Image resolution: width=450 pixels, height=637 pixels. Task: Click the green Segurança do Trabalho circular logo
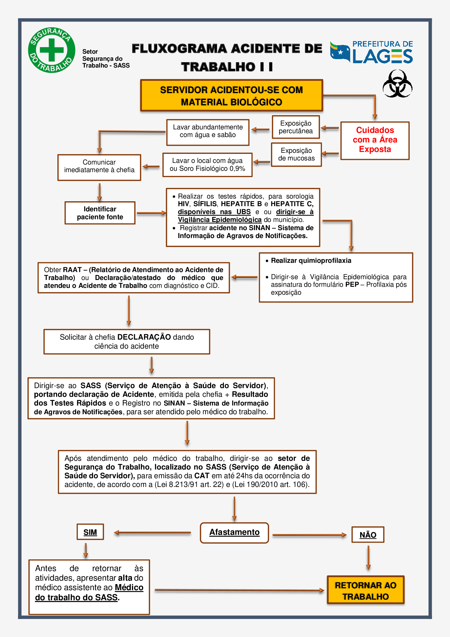click(x=51, y=50)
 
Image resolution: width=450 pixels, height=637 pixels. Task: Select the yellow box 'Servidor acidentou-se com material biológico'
click(x=232, y=95)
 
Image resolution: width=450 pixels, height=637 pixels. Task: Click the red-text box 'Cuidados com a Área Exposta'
click(x=375, y=141)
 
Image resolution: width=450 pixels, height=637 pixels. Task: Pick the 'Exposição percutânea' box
click(x=296, y=127)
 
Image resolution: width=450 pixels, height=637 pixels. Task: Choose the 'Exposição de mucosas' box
click(x=296, y=154)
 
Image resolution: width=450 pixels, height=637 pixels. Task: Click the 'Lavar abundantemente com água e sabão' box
click(x=208, y=132)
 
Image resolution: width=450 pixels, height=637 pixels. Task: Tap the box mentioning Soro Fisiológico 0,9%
click(x=207, y=165)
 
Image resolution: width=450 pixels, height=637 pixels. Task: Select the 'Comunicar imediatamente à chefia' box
click(x=99, y=167)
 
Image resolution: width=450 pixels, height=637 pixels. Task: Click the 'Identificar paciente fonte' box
click(x=100, y=213)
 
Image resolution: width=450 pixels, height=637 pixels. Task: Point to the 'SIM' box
click(x=90, y=532)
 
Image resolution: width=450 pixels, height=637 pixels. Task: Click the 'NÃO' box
click(x=368, y=534)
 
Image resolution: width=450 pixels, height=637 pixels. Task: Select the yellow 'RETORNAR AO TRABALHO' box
click(x=365, y=590)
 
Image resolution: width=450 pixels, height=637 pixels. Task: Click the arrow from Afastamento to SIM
click(x=152, y=532)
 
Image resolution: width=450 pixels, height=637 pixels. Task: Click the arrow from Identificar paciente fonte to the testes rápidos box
click(x=152, y=213)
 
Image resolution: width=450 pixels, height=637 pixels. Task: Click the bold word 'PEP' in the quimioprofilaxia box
click(x=352, y=284)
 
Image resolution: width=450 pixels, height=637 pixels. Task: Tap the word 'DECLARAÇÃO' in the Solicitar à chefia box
click(x=144, y=337)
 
